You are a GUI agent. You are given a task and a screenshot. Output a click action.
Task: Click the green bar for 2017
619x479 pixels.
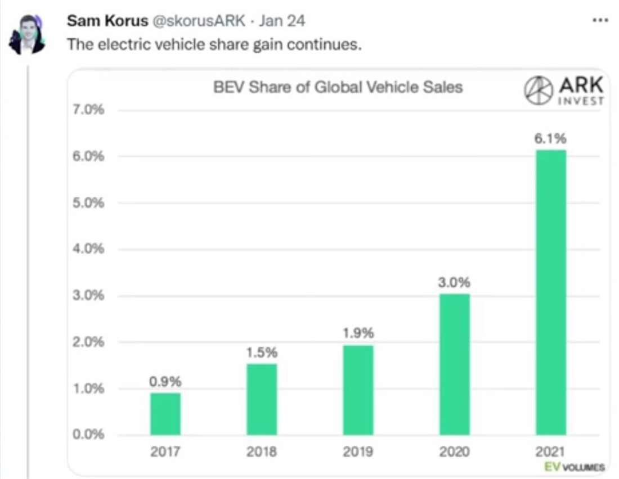click(x=165, y=414)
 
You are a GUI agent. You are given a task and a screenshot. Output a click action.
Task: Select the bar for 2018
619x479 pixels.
click(x=262, y=399)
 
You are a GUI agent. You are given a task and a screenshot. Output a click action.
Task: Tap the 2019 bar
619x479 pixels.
click(x=358, y=390)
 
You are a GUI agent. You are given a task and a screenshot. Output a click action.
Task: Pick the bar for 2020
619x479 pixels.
click(x=454, y=364)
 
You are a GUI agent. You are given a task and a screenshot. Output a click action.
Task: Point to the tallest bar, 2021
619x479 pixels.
click(x=551, y=292)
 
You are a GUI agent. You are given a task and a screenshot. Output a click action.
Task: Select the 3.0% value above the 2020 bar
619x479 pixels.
click(x=454, y=283)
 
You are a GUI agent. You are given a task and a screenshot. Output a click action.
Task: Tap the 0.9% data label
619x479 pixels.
click(x=165, y=382)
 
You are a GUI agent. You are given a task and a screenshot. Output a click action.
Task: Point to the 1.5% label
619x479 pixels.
click(x=262, y=353)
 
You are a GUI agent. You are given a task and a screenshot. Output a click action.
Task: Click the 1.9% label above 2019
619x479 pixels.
click(x=358, y=333)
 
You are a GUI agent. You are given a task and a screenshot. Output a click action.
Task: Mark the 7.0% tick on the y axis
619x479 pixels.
click(x=89, y=110)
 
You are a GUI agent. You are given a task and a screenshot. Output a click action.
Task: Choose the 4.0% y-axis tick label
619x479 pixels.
click(x=89, y=249)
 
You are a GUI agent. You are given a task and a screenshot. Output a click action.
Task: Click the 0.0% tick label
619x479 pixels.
click(x=89, y=435)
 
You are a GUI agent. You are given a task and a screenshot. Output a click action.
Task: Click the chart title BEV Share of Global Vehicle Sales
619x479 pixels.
click(x=338, y=87)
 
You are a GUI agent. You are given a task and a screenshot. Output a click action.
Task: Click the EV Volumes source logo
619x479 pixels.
click(x=574, y=467)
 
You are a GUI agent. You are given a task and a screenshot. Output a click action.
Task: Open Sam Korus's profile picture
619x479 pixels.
click(x=26, y=35)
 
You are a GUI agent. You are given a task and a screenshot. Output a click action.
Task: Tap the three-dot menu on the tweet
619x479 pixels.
click(x=600, y=20)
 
